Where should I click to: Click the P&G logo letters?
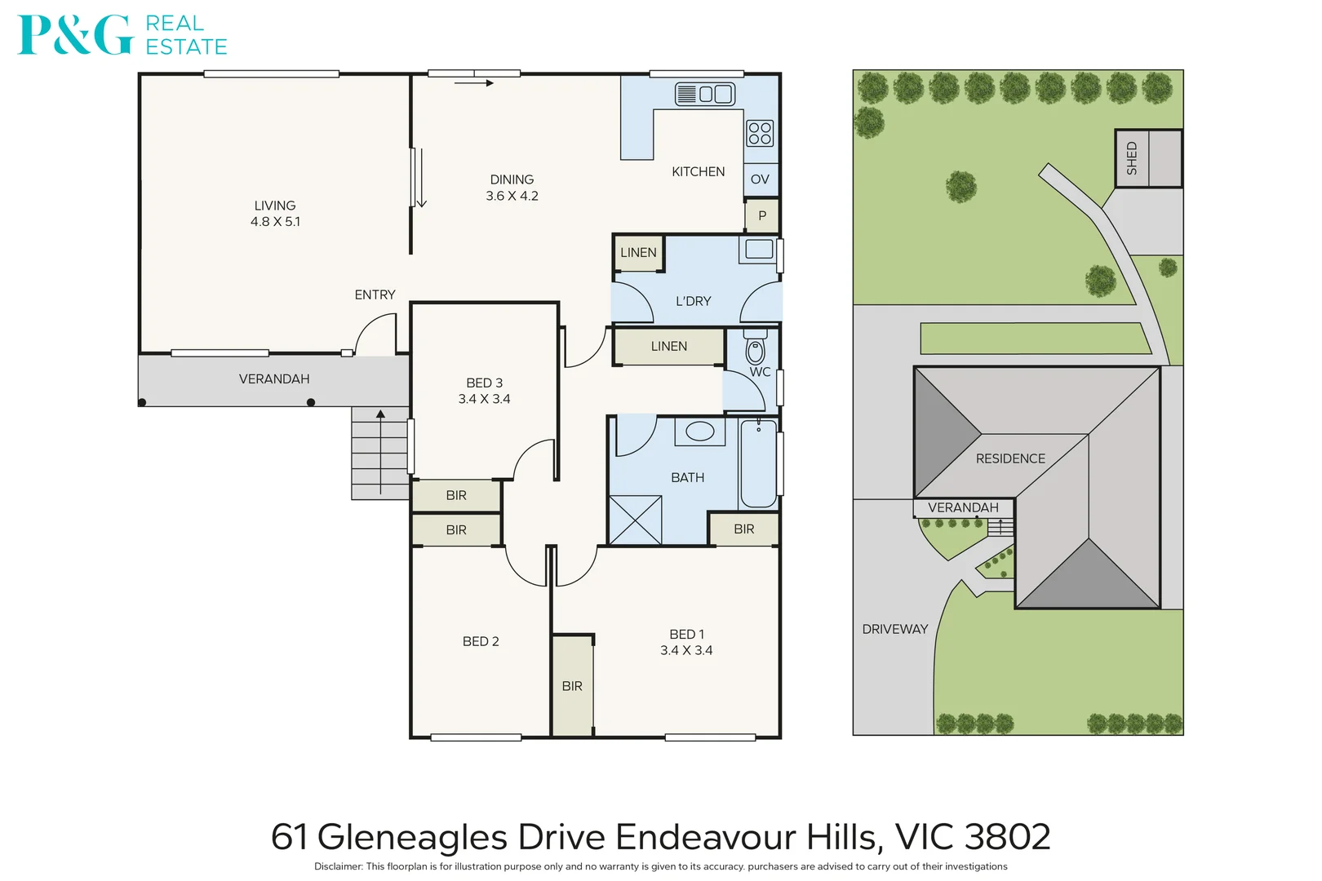tap(75, 35)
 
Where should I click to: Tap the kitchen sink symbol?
tap(705, 94)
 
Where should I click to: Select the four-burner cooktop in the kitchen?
tap(760, 133)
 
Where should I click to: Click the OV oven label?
tap(760, 179)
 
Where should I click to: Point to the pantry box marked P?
tap(762, 216)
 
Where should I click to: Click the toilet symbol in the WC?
tap(756, 349)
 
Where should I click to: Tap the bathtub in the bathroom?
tap(758, 463)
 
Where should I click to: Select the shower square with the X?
tap(636, 520)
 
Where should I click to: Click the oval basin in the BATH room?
tap(700, 432)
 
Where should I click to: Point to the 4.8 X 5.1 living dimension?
tap(275, 222)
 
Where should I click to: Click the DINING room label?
tap(512, 179)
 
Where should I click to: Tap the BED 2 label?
tap(481, 641)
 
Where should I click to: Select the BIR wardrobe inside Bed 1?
tap(572, 686)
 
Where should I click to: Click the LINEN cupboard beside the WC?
tap(668, 347)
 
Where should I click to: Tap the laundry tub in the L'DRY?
tap(759, 250)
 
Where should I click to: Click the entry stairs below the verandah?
tap(380, 454)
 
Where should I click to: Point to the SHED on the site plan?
tap(1148, 158)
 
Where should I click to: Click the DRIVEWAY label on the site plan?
tap(895, 629)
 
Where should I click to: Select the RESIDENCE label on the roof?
tap(1010, 458)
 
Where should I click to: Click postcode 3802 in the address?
tap(1007, 837)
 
